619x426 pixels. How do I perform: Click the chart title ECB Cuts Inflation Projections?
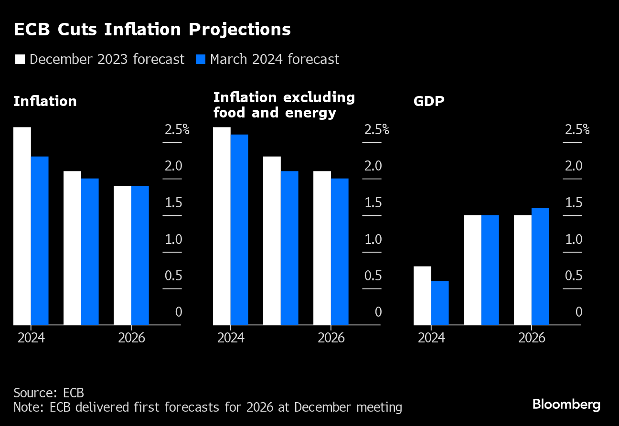pos(152,30)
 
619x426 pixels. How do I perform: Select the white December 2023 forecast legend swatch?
pos(20,59)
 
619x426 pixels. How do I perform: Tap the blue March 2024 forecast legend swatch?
pos(201,59)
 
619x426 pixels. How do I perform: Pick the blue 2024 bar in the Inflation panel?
pos(40,241)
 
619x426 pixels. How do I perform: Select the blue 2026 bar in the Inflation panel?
pos(140,256)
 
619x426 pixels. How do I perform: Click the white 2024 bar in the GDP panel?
pos(422,296)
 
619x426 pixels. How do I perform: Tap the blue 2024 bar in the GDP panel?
pos(440,303)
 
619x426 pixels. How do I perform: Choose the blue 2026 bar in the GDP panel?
pos(540,266)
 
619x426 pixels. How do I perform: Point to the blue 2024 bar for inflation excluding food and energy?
pos(239,230)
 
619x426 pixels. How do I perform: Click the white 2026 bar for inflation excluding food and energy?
pos(322,248)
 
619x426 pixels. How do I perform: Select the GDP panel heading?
pos(429,102)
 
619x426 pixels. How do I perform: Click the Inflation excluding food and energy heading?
pos(284,105)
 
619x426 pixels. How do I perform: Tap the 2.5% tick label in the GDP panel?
pos(577,130)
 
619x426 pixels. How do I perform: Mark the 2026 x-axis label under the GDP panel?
pos(532,338)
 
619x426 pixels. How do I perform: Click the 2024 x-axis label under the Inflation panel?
pos(31,338)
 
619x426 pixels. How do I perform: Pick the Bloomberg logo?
pos(566,405)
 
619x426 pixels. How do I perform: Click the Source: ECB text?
pos(49,393)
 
